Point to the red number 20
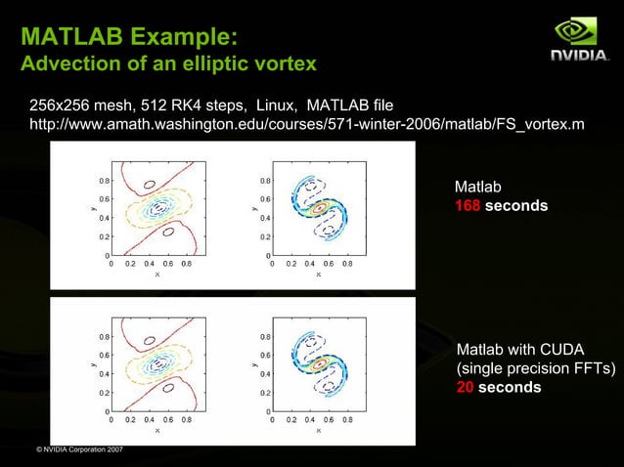pos(467,387)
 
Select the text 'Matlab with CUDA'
pos(521,350)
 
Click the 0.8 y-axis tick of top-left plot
pos(103,180)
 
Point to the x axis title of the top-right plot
pos(318,275)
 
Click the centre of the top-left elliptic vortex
pos(156,208)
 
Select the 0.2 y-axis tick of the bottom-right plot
pos(264,393)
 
